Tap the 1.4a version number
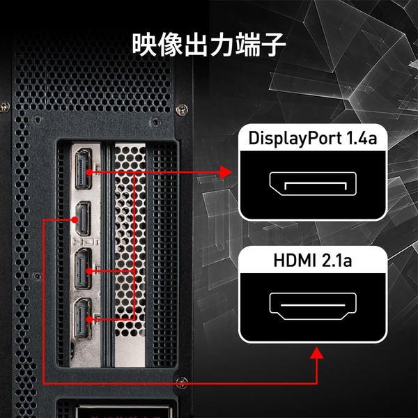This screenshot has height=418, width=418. (362, 139)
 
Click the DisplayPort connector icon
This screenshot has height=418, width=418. (313, 184)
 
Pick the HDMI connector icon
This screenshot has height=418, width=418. (313, 306)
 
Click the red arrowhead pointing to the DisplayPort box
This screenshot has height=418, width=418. (226, 172)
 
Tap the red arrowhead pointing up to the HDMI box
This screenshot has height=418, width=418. (317, 353)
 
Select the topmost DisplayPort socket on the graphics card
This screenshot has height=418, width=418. (84, 169)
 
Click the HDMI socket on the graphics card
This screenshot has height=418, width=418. (83, 219)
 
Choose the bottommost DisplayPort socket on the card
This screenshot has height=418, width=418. (83, 318)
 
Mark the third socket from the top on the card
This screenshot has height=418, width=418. (83, 269)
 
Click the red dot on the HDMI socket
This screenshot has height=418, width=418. (75, 220)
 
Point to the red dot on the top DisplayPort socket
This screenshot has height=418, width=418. (89, 172)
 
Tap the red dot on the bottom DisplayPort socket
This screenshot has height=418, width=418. (90, 319)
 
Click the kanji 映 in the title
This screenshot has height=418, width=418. (144, 45)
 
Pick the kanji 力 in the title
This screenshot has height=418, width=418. (222, 45)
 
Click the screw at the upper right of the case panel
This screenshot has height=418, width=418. (182, 109)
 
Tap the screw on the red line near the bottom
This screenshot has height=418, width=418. (182, 383)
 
